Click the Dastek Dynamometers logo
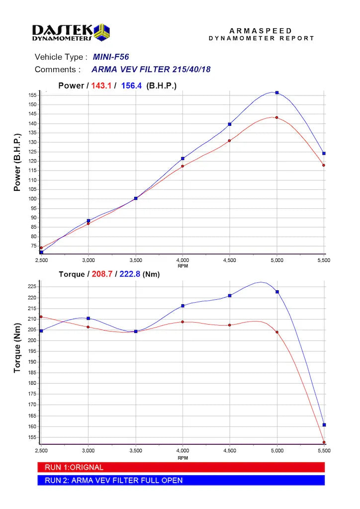[71, 32]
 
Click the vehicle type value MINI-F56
[111, 57]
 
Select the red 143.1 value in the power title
[100, 85]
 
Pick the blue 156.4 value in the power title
[131, 85]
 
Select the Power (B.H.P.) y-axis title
[17, 162]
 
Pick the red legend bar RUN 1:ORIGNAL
[181, 467]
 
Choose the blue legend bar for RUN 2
[181, 480]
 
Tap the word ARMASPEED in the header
[261, 31]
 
